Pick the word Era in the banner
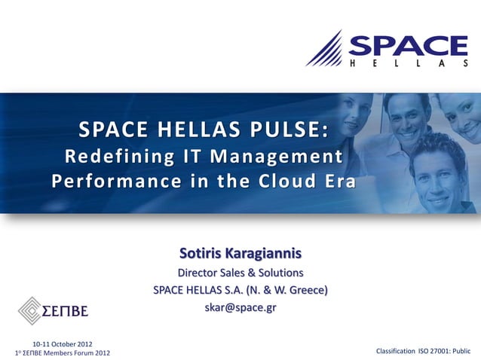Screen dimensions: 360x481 tap(337, 182)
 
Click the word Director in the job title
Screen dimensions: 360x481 tap(198, 272)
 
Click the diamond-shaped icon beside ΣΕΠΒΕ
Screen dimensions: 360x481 tap(30, 310)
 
